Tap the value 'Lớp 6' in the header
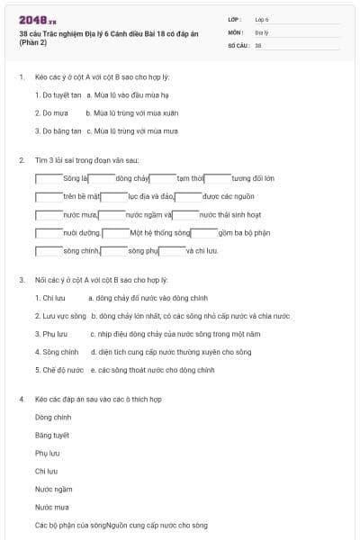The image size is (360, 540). (x=262, y=19)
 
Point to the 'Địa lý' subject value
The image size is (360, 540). (x=261, y=31)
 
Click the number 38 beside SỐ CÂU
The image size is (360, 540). (x=258, y=44)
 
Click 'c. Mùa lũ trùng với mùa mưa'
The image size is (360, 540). (x=132, y=130)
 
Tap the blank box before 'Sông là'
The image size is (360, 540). (x=49, y=178)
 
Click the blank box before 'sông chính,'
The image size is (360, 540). (x=49, y=250)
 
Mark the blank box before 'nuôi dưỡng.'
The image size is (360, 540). (x=49, y=232)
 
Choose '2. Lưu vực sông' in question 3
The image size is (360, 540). (x=60, y=316)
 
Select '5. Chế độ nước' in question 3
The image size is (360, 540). (x=59, y=370)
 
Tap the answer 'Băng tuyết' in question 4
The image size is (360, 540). (x=52, y=435)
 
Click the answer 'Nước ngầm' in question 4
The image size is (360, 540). (x=53, y=489)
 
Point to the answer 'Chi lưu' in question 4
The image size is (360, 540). (x=46, y=471)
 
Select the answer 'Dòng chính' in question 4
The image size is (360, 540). (x=53, y=417)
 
